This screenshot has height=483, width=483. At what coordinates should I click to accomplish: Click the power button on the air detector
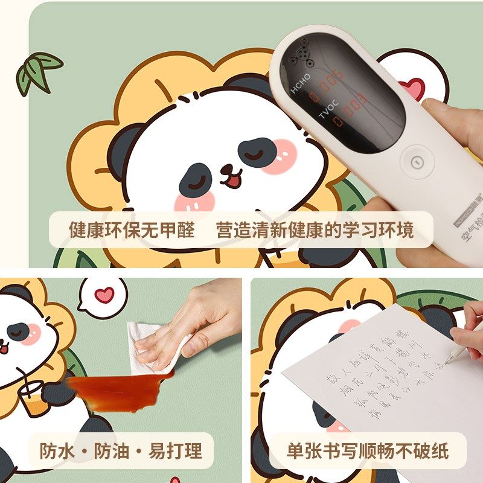pos(414,162)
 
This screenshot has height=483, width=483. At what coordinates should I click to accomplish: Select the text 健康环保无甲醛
pos(132,230)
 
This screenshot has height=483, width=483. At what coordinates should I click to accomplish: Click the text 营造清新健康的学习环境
pos(315,230)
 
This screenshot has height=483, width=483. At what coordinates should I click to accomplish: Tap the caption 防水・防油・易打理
pos(121,451)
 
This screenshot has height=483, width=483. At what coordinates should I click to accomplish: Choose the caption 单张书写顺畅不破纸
pos(367,451)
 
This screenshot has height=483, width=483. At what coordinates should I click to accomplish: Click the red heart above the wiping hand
pos(104,295)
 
